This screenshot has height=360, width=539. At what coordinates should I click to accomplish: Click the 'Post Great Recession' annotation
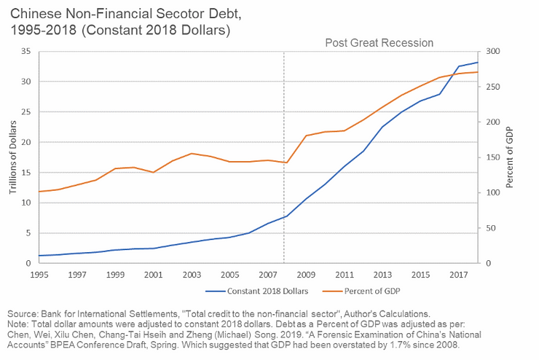click(379, 43)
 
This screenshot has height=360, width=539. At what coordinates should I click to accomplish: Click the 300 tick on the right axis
click(492, 51)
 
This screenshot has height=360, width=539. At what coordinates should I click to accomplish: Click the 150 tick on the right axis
click(492, 157)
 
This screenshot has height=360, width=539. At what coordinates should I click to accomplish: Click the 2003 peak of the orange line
click(191, 154)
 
